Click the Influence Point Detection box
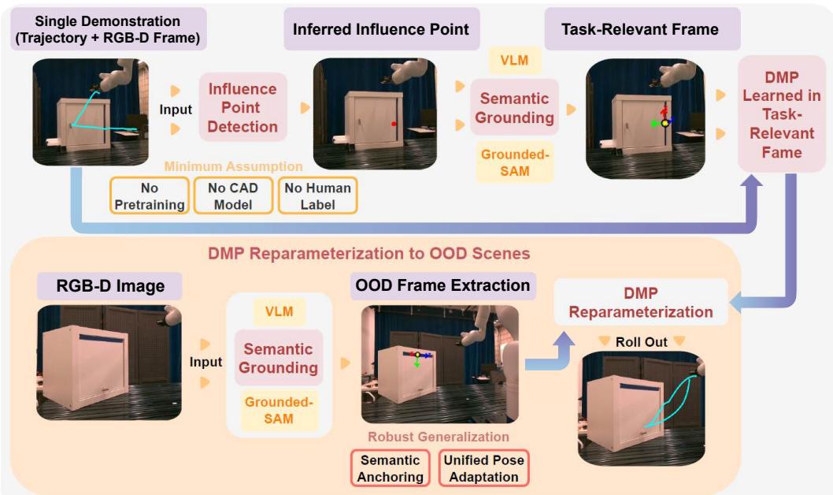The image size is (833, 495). coord(242,107)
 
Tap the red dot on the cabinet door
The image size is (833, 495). coord(394,124)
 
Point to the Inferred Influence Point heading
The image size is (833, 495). coord(380,29)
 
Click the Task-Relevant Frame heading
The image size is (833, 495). coord(639,29)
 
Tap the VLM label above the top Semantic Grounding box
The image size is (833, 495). coord(515,60)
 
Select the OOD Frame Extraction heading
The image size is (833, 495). coord(443,285)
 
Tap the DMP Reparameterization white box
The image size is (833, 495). coord(641,303)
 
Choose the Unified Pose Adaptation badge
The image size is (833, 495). coord(483,468)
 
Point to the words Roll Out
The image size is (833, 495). coord(641,342)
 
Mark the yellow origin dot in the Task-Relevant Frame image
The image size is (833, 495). coord(665,124)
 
